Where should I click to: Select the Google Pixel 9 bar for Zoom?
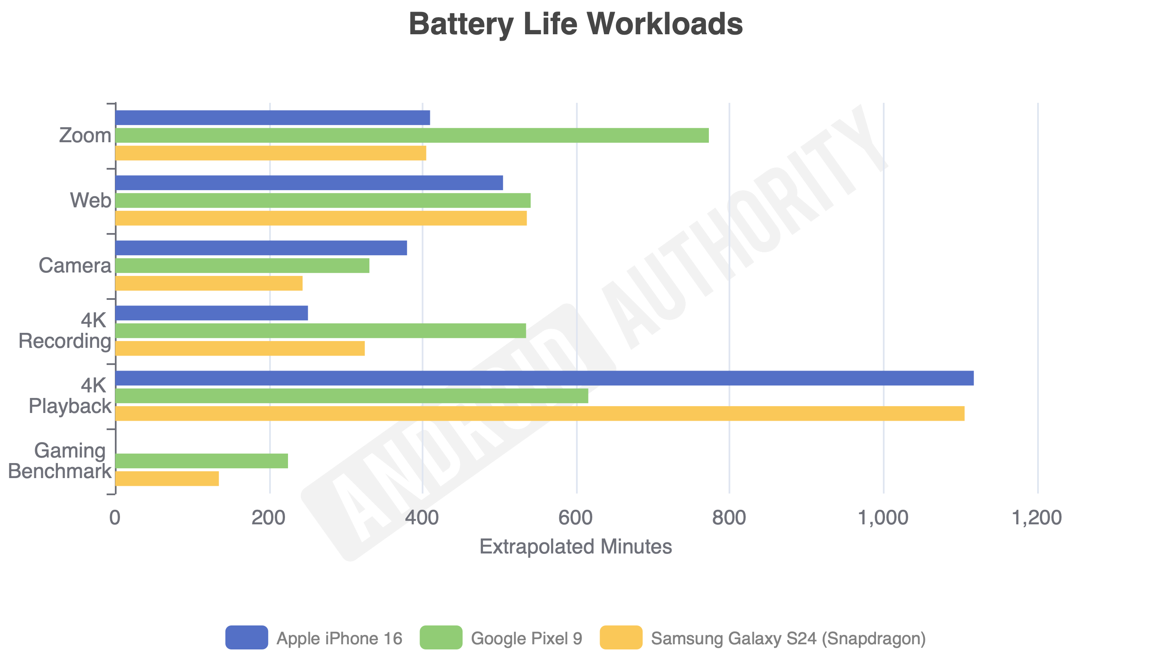click(411, 135)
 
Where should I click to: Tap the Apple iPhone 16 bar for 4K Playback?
click(544, 378)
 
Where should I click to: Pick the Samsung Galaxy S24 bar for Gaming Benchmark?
click(167, 479)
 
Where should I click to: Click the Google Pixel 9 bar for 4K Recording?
click(321, 330)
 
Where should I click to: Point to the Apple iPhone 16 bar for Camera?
click(261, 248)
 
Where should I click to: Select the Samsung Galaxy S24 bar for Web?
click(321, 218)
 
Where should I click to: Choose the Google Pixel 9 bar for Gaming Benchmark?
click(202, 461)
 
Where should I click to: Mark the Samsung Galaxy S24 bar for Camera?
click(209, 283)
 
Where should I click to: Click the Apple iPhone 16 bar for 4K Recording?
click(212, 313)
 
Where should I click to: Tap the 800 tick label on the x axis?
click(729, 517)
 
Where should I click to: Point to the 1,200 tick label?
click(1036, 517)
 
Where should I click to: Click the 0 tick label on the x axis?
click(115, 517)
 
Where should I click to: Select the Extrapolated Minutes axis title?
click(575, 547)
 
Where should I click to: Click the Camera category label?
click(75, 265)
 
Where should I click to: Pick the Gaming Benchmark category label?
click(60, 461)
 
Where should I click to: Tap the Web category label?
click(90, 200)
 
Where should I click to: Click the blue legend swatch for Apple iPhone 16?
click(246, 637)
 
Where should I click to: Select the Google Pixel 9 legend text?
click(526, 638)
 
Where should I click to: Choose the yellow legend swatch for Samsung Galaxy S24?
click(621, 637)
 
